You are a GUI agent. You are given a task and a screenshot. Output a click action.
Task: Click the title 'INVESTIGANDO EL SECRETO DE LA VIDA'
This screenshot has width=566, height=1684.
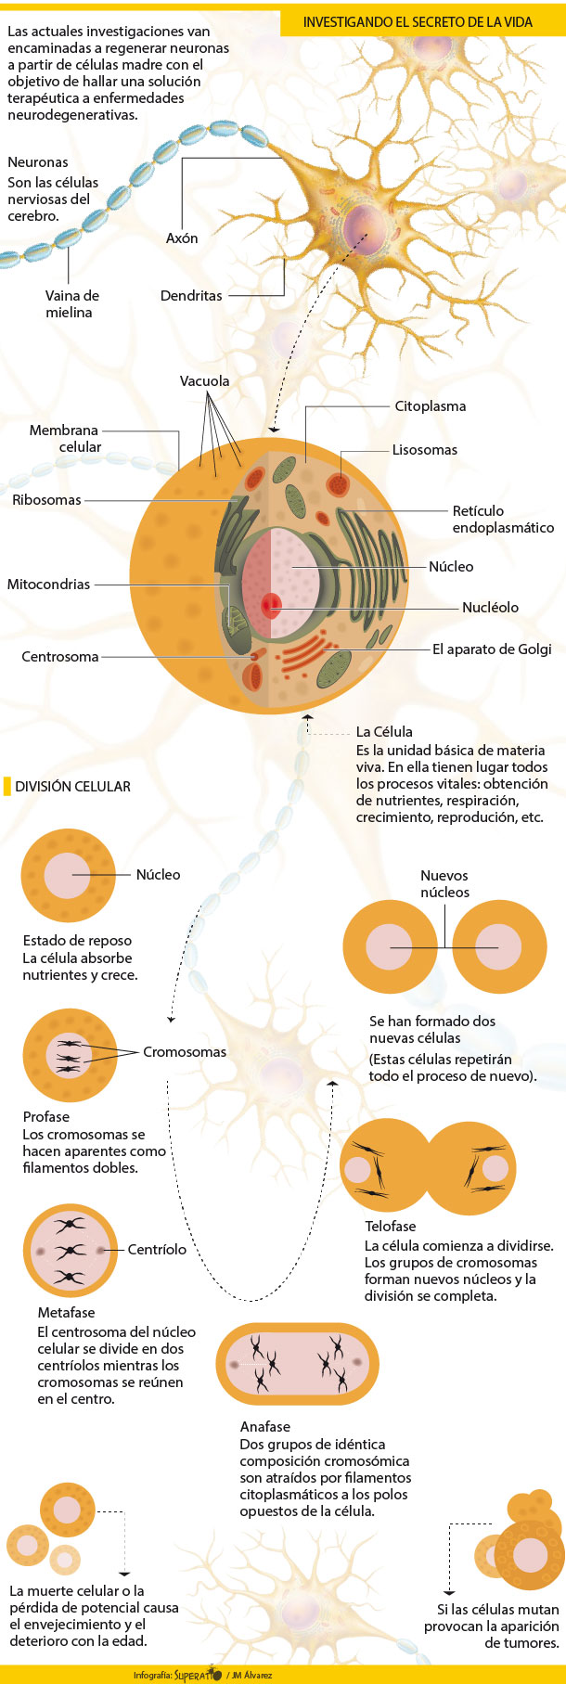[418, 21]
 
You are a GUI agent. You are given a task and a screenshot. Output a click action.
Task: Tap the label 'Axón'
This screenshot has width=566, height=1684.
[182, 238]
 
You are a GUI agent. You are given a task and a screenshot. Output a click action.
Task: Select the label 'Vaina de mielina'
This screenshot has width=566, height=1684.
[71, 304]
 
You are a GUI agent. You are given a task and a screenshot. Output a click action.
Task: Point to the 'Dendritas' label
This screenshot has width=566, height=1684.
[191, 296]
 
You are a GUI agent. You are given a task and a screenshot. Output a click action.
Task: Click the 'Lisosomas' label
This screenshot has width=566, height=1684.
[424, 450]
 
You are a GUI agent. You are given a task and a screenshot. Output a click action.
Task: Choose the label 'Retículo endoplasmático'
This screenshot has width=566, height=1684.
[502, 520]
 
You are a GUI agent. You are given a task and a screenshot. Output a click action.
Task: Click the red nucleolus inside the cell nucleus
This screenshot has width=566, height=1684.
[271, 606]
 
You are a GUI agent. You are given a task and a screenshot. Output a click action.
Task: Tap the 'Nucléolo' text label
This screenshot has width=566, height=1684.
[490, 608]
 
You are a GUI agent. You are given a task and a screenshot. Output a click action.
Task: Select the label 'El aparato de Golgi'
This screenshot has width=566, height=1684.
[492, 649]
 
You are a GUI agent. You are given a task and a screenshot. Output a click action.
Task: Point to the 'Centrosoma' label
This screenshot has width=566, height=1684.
[60, 657]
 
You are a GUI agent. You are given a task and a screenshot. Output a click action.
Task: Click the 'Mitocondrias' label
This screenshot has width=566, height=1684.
[49, 585]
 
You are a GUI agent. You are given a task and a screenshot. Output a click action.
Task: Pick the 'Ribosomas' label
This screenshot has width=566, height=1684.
[47, 500]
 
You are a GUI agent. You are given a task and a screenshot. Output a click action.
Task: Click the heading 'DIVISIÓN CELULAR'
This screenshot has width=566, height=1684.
[72, 787]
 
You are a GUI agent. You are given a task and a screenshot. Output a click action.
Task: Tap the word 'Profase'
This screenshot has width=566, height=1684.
[46, 1117]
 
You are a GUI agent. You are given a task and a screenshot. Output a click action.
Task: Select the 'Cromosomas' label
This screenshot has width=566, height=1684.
[185, 1052]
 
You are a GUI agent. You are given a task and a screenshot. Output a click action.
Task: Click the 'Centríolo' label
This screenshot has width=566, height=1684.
[157, 1250]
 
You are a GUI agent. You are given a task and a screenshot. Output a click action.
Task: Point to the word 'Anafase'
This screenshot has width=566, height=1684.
[265, 1427]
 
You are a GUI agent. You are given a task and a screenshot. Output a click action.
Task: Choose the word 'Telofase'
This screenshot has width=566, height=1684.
[391, 1227]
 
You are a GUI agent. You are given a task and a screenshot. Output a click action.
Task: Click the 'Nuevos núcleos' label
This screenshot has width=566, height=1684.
[444, 884]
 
